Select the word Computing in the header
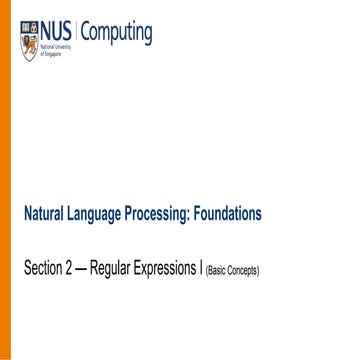click(117, 33)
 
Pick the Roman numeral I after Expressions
click(201, 269)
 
